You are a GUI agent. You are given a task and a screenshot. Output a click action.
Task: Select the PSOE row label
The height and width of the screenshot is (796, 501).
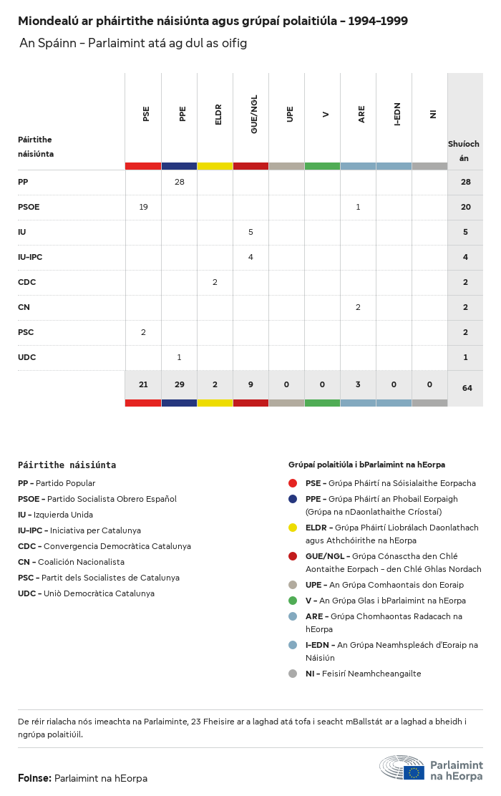click(x=29, y=207)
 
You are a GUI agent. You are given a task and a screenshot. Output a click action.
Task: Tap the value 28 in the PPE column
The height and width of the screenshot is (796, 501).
click(x=180, y=182)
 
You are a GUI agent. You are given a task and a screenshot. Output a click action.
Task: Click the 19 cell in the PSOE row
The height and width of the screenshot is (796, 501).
click(x=143, y=207)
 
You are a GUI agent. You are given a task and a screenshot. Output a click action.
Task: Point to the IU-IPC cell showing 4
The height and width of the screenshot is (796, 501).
click(x=250, y=257)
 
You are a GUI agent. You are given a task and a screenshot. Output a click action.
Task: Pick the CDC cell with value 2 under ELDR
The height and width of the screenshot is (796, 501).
click(x=215, y=282)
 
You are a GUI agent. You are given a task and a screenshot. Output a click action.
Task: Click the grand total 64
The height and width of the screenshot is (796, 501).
click(x=467, y=388)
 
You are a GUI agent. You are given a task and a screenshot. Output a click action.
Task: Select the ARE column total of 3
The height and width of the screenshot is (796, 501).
click(x=358, y=384)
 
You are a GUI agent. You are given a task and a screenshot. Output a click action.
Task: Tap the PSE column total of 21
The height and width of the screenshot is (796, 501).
click(x=143, y=384)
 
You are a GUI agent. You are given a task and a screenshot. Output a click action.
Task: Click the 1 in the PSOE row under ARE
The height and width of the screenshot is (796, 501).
click(x=358, y=207)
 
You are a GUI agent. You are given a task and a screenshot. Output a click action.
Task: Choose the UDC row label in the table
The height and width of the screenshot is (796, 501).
click(x=26, y=357)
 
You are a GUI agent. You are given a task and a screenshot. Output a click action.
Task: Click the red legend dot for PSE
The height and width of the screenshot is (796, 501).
click(x=293, y=483)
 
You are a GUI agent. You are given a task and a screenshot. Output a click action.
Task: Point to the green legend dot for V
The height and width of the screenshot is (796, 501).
click(x=293, y=601)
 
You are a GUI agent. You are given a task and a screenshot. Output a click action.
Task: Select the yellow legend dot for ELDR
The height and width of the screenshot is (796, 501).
click(x=293, y=528)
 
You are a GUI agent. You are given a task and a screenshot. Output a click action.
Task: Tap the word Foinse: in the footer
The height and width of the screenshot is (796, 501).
click(x=34, y=778)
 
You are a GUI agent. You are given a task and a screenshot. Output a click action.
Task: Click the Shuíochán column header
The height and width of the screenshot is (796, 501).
click(x=464, y=150)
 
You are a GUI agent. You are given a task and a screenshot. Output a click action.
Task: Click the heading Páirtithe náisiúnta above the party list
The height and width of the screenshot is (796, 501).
click(x=67, y=465)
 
